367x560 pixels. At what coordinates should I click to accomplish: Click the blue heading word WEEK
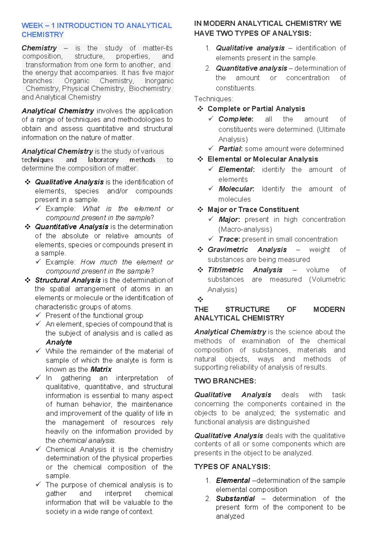click(32, 26)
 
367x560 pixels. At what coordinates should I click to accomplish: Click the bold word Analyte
click(59, 342)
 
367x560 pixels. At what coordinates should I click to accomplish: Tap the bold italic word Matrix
click(101, 369)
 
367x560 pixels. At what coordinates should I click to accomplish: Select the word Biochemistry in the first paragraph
click(150, 89)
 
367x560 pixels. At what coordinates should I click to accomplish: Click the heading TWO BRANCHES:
click(225, 381)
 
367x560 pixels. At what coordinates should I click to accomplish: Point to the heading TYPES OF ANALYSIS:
click(232, 467)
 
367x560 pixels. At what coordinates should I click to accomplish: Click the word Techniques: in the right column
click(213, 99)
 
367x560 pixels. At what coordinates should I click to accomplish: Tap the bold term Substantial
click(235, 498)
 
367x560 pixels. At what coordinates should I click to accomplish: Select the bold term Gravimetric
click(228, 250)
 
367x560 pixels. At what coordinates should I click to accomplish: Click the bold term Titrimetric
click(225, 270)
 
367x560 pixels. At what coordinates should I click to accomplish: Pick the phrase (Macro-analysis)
click(245, 229)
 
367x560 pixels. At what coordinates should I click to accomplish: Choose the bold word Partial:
click(230, 149)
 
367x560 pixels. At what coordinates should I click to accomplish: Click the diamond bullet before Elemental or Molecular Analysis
click(200, 159)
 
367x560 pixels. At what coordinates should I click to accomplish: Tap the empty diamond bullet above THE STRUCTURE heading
click(200, 299)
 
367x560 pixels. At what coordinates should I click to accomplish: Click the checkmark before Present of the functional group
click(38, 315)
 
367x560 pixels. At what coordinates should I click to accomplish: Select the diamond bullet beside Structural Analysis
click(28, 280)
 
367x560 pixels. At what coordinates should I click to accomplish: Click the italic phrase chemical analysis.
click(87, 440)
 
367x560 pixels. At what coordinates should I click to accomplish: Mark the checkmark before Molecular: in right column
click(211, 189)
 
